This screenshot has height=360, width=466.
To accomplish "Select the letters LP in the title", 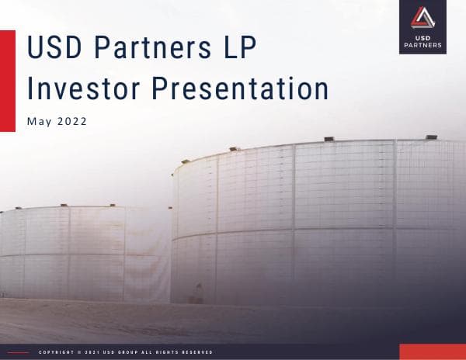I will tap(236, 48).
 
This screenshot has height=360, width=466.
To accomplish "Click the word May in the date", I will tap(38, 122).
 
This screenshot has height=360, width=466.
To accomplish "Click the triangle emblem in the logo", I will tap(423, 16).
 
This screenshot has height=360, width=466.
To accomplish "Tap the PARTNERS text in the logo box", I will tap(423, 45).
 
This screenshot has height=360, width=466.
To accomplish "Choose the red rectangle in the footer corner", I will tap(432, 351).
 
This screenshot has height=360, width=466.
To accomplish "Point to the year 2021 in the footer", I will tap(91, 352).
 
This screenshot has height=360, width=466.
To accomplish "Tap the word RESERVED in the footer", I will tap(196, 352).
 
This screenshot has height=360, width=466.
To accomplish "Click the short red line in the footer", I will tap(18, 352).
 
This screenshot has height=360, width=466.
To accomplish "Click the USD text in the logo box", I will tap(423, 36).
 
